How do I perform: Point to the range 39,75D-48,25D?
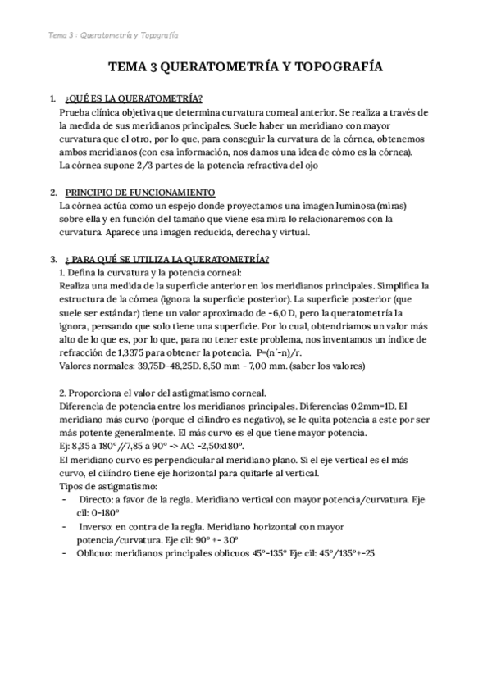tap(162, 366)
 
